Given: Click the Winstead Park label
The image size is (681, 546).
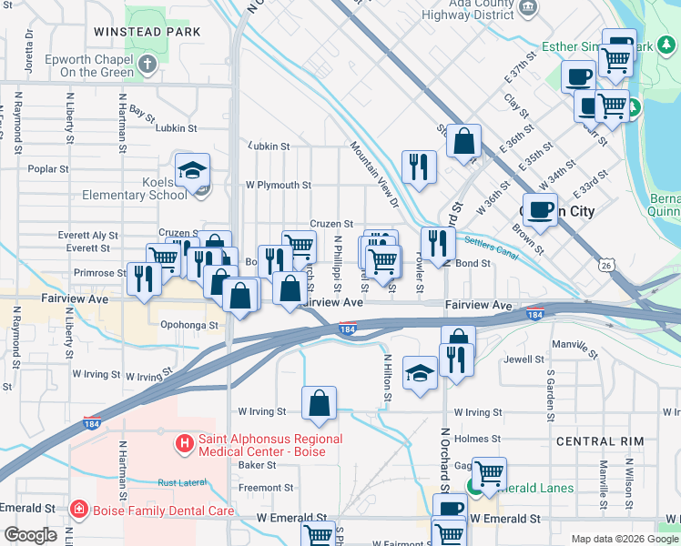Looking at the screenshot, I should click(x=146, y=31).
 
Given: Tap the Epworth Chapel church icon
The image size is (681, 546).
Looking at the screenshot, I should click(x=148, y=64).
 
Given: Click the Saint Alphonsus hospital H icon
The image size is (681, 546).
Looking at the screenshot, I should click(x=184, y=445).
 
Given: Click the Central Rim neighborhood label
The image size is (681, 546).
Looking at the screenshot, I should click(x=600, y=441).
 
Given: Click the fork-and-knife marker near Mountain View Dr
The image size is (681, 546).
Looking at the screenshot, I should click(x=419, y=166).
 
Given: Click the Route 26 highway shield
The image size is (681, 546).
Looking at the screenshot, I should click(x=606, y=265).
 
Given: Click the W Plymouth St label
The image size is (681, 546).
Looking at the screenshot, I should click(x=279, y=185).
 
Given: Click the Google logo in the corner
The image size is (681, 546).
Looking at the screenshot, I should click(x=31, y=535).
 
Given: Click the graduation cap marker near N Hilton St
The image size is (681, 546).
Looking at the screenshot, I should click(x=420, y=373).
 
